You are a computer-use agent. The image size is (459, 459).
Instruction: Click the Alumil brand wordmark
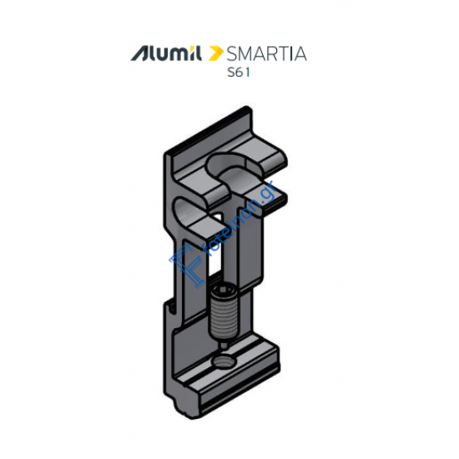(166, 54)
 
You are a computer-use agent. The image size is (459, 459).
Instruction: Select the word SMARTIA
(266, 54)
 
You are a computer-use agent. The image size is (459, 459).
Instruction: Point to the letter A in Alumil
(139, 54)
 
